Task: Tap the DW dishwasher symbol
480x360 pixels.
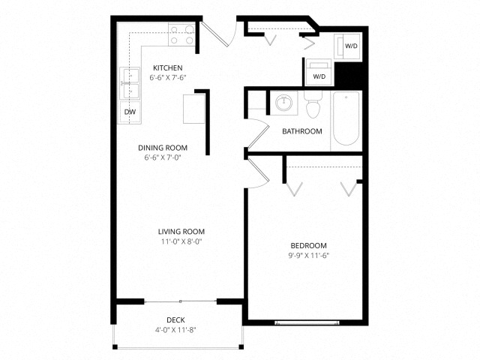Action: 130,112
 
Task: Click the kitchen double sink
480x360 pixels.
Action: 130,83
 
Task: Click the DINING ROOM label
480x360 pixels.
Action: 163,148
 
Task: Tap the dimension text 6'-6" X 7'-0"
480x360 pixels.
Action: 163,158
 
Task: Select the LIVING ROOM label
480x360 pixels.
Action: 181,232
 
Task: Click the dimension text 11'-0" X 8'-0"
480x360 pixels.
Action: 181,242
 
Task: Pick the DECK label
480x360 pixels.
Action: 176,320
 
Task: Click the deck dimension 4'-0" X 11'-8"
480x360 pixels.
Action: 176,330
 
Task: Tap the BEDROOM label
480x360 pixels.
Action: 308,246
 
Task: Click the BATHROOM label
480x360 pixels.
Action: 301,131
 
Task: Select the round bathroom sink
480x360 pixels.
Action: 283,103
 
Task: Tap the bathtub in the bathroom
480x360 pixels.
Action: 346,118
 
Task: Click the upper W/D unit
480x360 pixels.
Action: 351,46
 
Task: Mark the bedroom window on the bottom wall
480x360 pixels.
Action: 299,322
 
